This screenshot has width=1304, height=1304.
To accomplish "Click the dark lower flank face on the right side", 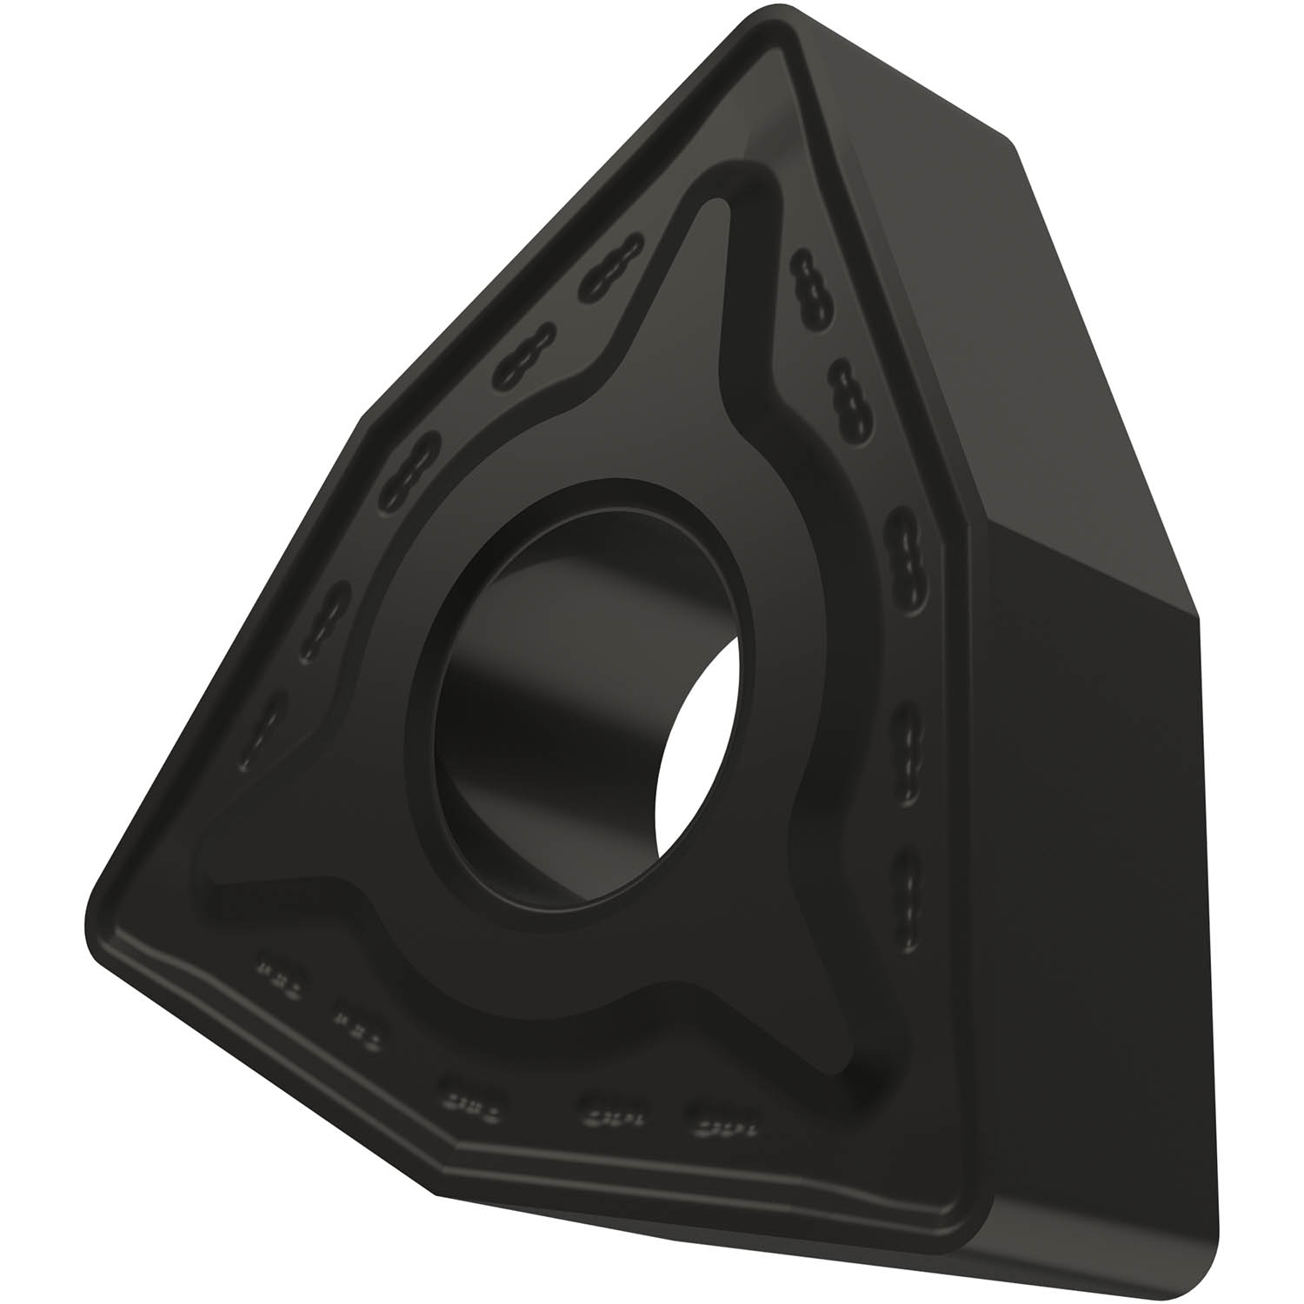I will pyautogui.click(x=1095, y=913).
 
